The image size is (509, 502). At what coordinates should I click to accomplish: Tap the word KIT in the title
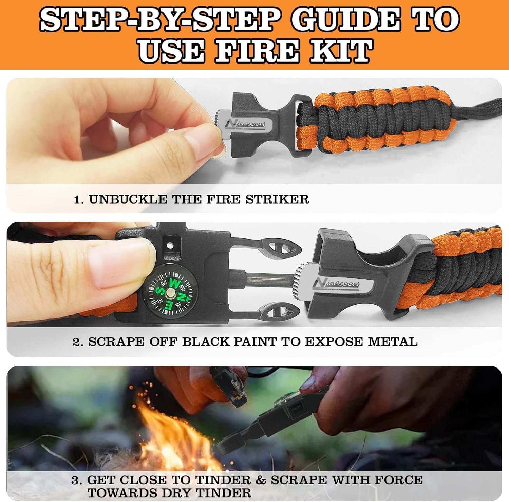(x=339, y=51)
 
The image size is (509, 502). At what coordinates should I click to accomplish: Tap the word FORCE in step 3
(x=399, y=480)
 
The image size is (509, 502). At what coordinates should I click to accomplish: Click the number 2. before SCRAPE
(x=78, y=342)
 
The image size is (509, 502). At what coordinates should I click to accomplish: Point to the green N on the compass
(x=182, y=297)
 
